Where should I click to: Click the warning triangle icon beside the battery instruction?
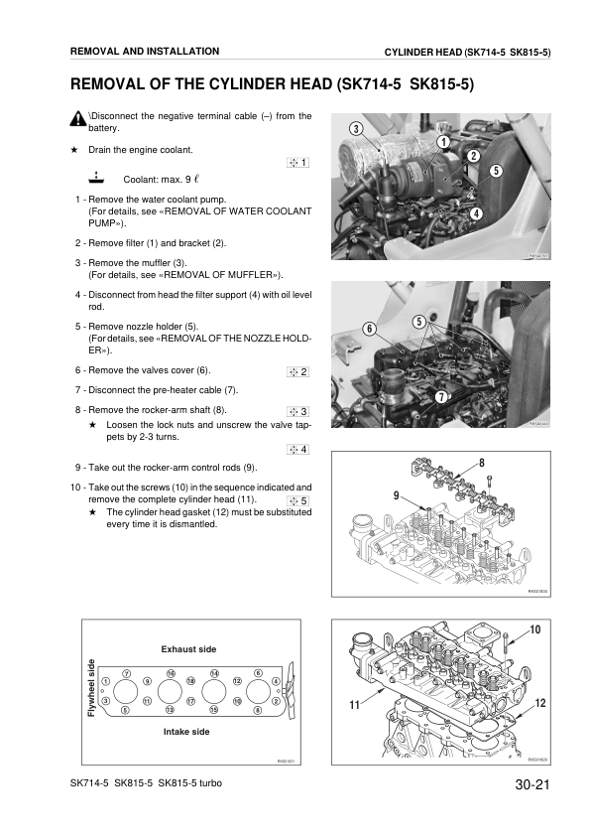coord(78,120)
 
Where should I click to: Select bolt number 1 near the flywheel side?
coord(106,680)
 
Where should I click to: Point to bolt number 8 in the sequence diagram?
coord(257,709)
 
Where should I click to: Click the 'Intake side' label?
coord(185,731)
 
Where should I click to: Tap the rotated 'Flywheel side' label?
coord(91,690)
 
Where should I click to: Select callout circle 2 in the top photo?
coord(474,156)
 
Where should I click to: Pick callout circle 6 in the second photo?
coord(369,329)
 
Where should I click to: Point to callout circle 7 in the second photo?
coord(439,397)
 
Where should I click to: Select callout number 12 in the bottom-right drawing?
coord(539,703)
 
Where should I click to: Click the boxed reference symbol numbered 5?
coord(298,499)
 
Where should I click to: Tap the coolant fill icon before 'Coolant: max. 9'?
coord(93,179)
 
